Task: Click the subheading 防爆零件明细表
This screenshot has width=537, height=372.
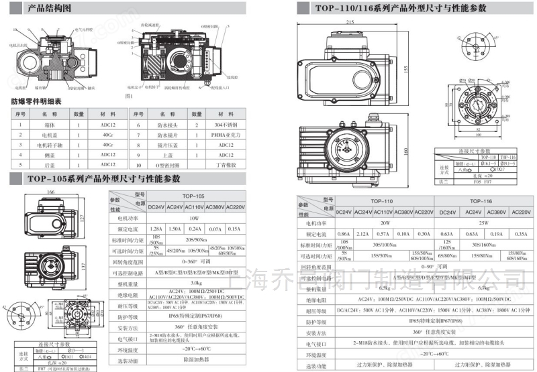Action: point(36,102)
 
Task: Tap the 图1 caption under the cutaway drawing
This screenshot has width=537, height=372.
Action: point(130,97)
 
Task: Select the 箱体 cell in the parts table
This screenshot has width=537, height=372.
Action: point(49,125)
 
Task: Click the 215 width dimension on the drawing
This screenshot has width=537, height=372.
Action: point(350,22)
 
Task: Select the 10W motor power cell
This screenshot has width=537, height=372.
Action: point(194,217)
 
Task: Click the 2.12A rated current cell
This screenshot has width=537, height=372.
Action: point(362,234)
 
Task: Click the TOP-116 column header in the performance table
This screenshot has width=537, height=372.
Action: point(481,200)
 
